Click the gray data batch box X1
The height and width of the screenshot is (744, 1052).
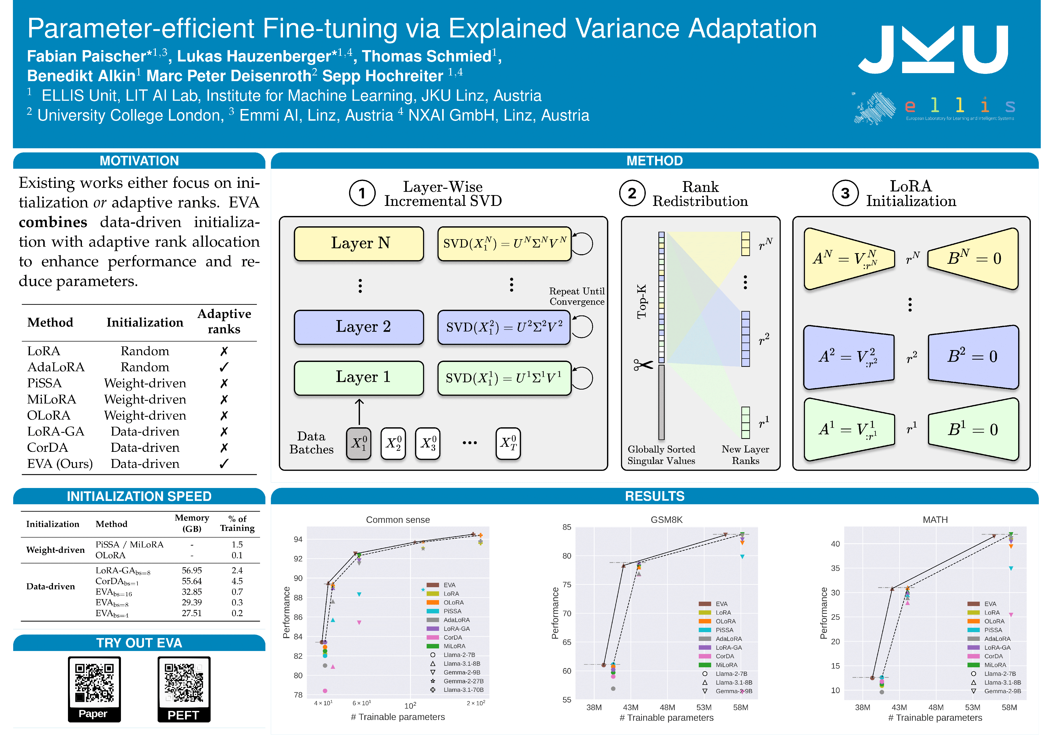(x=358, y=443)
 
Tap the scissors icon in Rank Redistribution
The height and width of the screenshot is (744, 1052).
(x=643, y=365)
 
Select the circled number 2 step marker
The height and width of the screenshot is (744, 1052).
(x=632, y=193)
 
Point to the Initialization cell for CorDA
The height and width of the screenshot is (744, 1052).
(x=145, y=448)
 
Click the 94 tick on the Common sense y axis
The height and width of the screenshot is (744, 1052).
(x=298, y=539)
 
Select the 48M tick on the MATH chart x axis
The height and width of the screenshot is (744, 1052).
(x=936, y=707)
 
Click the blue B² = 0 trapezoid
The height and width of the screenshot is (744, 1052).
(x=973, y=357)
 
